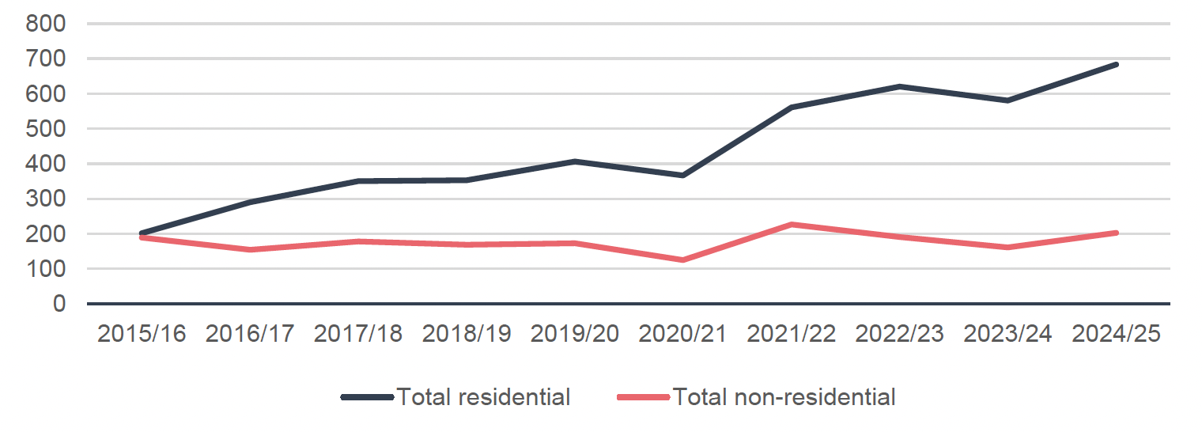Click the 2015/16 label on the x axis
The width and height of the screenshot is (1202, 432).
coord(142,333)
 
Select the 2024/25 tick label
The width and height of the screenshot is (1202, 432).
coord(1116,333)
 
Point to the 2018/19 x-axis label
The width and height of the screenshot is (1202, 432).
coord(467,333)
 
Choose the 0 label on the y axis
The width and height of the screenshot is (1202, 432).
coord(61,304)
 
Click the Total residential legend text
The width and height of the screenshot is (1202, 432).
coord(483,396)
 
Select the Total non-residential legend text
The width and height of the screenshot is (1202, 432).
coord(784,396)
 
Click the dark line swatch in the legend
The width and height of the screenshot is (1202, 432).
coord(367,397)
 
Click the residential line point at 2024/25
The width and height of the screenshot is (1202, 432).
coord(1116,64)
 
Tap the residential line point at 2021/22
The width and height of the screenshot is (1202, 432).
coord(791,107)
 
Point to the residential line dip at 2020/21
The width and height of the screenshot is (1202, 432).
coord(682,175)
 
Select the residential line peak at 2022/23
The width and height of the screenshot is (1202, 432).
coord(899,86)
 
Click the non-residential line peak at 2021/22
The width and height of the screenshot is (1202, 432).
coord(791,225)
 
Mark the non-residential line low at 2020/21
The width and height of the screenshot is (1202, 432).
coord(682,260)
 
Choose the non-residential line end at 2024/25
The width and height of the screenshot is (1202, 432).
coord(1116,233)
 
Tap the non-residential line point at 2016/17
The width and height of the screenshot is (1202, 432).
coord(250,249)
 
